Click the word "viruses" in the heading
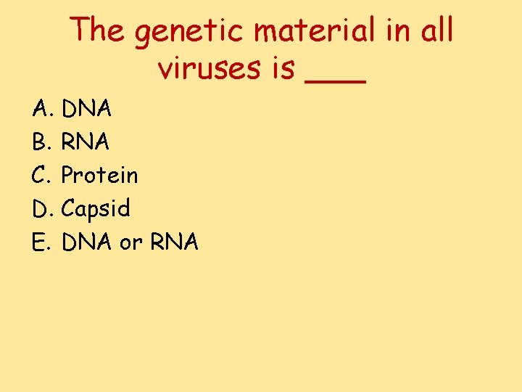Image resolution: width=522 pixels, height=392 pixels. [x=206, y=68]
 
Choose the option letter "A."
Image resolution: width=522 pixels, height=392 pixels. [x=41, y=110]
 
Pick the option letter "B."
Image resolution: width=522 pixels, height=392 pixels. [x=41, y=143]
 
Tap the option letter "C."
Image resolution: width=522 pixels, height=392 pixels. [x=41, y=176]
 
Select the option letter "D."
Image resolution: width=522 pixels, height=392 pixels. [x=41, y=209]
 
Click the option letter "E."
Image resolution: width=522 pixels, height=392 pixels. [x=41, y=242]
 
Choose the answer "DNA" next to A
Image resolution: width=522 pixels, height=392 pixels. [x=86, y=110]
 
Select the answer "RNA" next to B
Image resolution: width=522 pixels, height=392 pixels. [x=86, y=143]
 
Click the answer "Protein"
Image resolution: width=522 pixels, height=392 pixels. [x=99, y=176]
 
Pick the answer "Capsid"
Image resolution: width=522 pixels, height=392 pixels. [x=96, y=210]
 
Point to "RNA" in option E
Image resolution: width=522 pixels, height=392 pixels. [x=174, y=242]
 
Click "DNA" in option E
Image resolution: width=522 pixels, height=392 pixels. [x=86, y=242]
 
